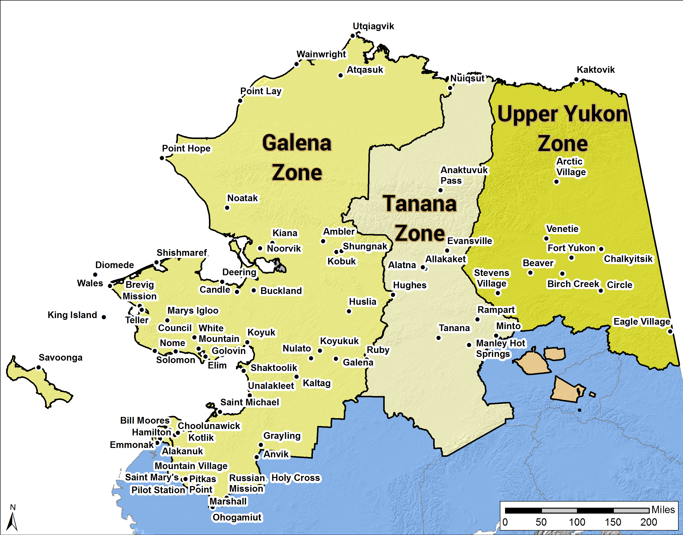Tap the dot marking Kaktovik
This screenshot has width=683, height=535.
576,79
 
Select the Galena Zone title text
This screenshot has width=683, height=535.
297,158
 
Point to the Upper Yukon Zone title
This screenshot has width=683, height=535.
563,128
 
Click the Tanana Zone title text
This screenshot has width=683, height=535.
419,218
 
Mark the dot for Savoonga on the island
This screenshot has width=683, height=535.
39,367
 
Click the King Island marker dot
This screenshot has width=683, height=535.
104,317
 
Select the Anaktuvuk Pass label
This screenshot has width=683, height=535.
464,175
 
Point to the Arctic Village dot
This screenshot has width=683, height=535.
556,182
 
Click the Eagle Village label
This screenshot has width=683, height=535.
641,322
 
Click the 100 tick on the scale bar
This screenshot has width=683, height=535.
577,522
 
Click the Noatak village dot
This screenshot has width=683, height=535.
227,208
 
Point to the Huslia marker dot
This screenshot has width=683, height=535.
349,311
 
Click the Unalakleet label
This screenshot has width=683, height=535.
271,386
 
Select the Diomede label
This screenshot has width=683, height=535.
114,265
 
